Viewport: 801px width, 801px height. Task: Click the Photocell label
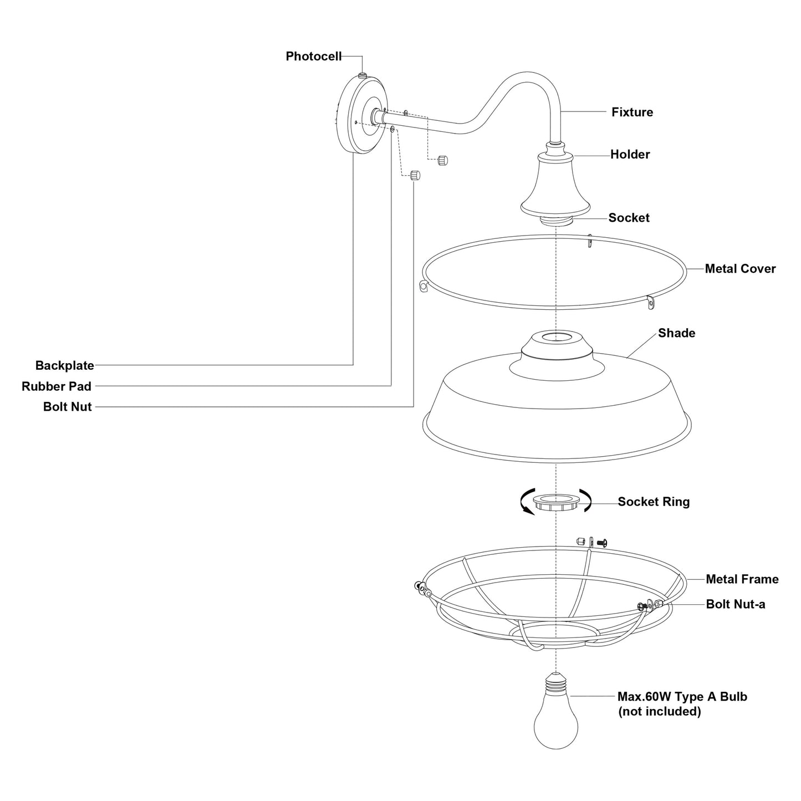(313, 56)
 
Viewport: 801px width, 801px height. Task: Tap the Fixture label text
(632, 112)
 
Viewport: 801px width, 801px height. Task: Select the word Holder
(630, 154)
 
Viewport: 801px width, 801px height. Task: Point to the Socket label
(629, 218)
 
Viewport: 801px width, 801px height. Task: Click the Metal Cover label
(740, 269)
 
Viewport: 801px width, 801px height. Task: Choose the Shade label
(676, 333)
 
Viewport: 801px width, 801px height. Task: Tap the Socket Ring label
(654, 502)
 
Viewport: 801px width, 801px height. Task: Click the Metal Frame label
(742, 579)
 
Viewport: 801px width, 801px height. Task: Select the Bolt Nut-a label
(735, 604)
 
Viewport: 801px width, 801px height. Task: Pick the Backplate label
(64, 365)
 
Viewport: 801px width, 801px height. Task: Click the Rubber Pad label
(57, 386)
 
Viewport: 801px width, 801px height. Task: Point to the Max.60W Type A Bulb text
(682, 697)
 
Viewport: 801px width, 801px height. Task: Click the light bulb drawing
(555, 721)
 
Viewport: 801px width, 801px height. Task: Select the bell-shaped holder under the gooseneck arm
(555, 186)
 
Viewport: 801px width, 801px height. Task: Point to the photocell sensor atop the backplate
(362, 75)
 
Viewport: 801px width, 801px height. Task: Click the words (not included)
(659, 711)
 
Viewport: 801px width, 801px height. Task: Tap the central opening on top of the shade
(555, 336)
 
